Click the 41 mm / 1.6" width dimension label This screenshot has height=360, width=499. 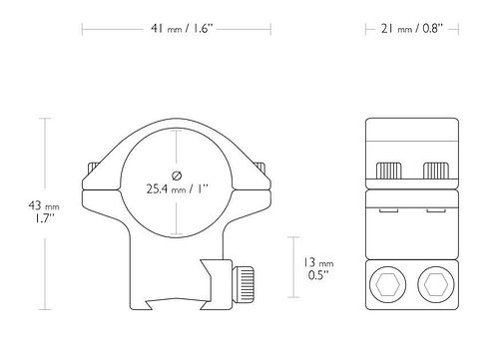click(182, 29)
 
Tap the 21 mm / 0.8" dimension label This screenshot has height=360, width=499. click(412, 29)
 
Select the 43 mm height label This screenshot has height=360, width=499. click(44, 205)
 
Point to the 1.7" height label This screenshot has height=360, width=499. click(45, 218)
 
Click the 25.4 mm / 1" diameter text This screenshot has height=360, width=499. click(177, 189)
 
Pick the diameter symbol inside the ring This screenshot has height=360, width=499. click(177, 176)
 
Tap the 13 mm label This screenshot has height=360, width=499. click(318, 262)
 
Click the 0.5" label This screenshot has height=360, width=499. click(318, 275)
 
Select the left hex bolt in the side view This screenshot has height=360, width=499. click(387, 285)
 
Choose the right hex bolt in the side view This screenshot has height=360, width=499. click(436, 285)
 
